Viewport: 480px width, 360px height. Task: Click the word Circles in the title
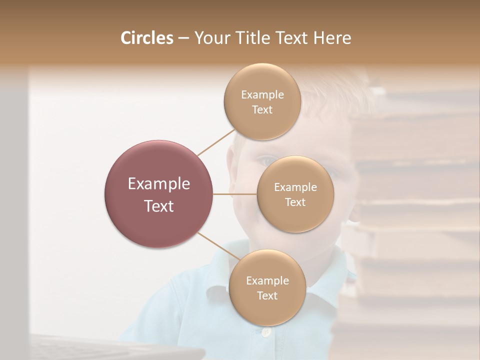pyautogui.click(x=146, y=38)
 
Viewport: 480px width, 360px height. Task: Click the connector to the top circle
pyautogui.click(x=216, y=142)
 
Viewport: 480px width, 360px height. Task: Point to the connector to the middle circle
pyautogui.click(x=235, y=193)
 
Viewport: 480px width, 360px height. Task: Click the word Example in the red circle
pyautogui.click(x=159, y=184)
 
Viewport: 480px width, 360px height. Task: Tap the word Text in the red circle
pyautogui.click(x=159, y=206)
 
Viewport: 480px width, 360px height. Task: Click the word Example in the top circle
pyautogui.click(x=262, y=94)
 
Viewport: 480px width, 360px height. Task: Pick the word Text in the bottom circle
pyautogui.click(x=267, y=295)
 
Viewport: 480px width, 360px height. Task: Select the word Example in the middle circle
pyautogui.click(x=295, y=187)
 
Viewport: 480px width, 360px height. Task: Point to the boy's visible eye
pyautogui.click(x=265, y=161)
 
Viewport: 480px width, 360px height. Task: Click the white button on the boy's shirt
pyautogui.click(x=266, y=331)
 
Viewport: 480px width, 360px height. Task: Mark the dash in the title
pyautogui.click(x=183, y=38)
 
